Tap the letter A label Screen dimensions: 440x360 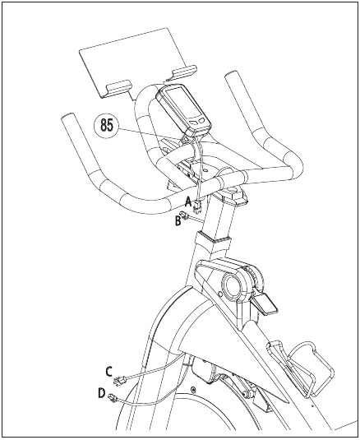(x=188, y=200)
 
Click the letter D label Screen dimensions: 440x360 (x=102, y=393)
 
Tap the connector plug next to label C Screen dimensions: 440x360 (x=122, y=377)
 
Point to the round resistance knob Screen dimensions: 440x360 (x=233, y=285)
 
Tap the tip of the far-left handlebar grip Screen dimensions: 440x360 (x=68, y=122)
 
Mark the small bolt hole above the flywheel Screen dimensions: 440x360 (x=193, y=390)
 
